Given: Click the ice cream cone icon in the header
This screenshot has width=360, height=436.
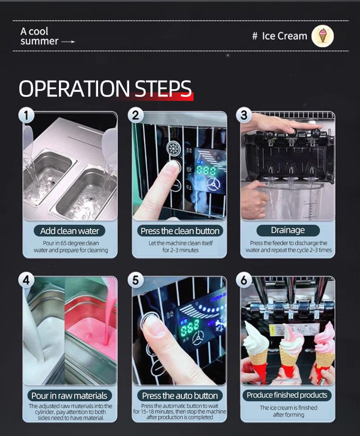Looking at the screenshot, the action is point(323,36).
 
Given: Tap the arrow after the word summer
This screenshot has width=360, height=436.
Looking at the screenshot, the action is point(68,42).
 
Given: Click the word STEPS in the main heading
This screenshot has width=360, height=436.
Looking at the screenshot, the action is point(163,89).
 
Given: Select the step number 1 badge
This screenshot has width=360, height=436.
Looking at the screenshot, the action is point(27,115).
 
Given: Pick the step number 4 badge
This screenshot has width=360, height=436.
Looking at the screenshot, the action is point(27,280).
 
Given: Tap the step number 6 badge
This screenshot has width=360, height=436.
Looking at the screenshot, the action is point(244,280).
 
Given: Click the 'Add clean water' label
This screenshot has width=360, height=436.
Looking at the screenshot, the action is point(69,231).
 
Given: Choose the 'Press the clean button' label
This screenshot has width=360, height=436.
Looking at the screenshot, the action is point(180,231).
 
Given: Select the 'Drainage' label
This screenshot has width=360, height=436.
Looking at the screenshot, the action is point(288,230).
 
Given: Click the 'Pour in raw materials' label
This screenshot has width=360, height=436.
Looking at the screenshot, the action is point(69,395).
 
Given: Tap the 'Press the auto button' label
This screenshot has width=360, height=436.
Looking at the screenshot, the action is point(180,395).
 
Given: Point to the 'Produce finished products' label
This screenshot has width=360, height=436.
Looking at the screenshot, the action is point(287,395).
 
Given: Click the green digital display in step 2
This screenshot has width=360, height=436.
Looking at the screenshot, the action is point(206,170).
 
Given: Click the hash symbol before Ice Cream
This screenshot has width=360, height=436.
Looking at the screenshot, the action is point(255,36).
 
